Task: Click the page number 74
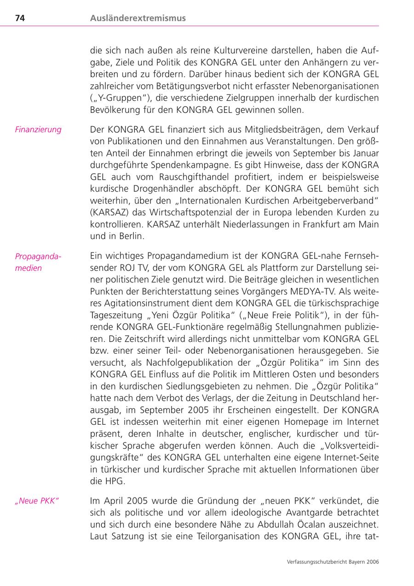coord(20,18)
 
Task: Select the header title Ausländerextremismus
coord(138,18)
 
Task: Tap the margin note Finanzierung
coord(38,129)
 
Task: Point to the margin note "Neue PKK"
coord(37,501)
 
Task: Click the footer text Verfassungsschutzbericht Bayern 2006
coord(333,562)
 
